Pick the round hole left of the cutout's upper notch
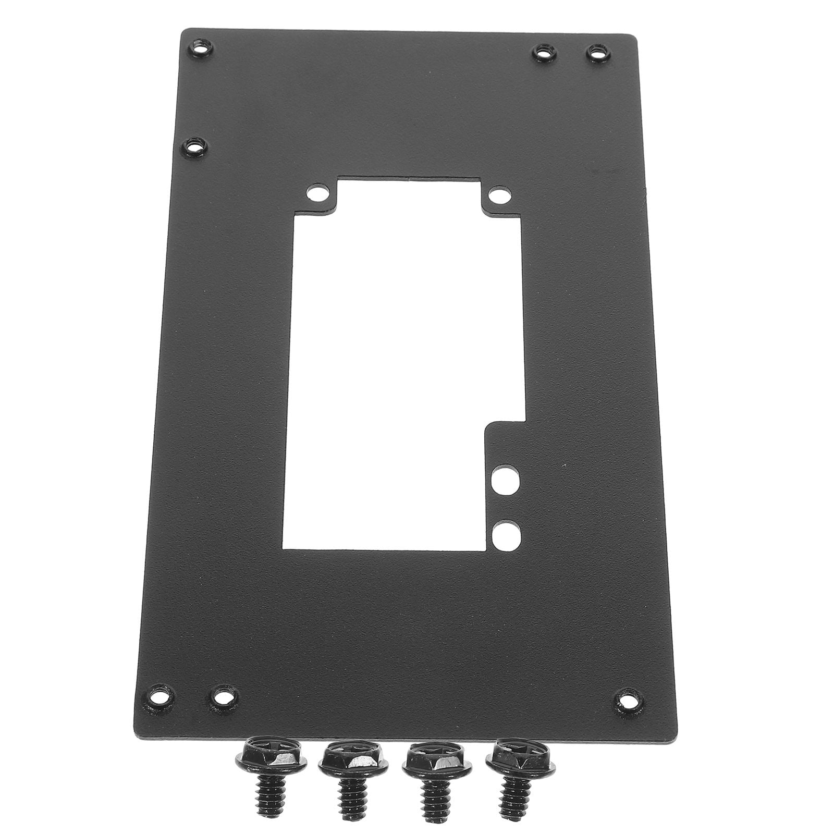pos(315,195)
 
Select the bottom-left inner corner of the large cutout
pos(284,550)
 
